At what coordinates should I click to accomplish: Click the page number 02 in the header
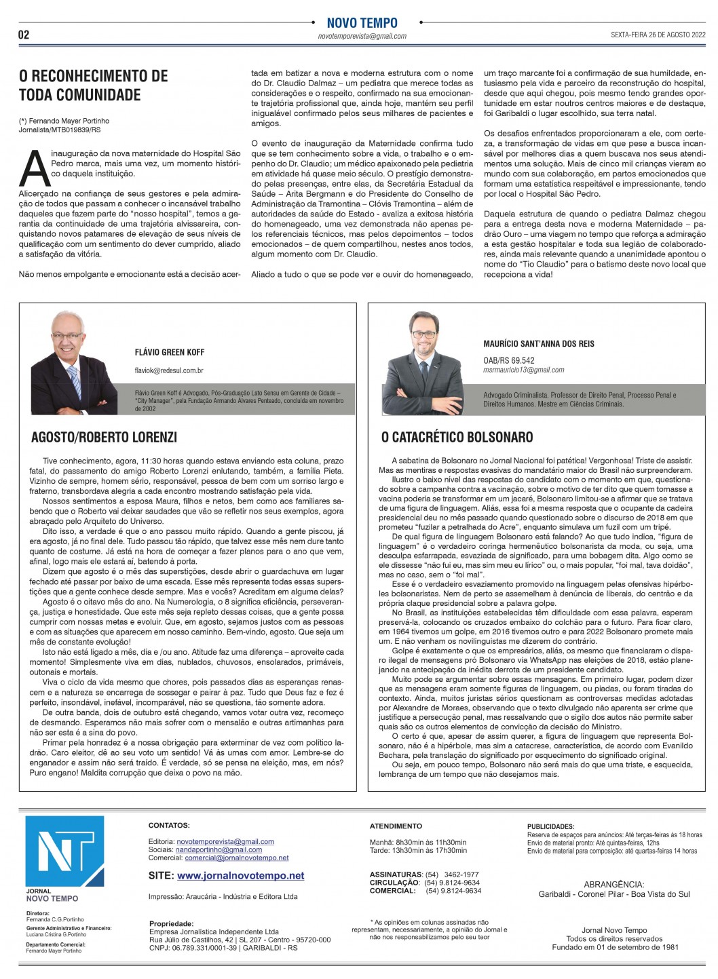click(x=24, y=35)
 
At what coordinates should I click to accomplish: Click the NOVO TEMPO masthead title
click(x=362, y=23)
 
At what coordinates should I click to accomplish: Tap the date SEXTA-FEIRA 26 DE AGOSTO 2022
click(x=658, y=35)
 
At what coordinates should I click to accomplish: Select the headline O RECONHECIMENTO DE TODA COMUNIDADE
click(x=93, y=85)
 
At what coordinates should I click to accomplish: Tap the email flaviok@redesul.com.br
click(x=169, y=370)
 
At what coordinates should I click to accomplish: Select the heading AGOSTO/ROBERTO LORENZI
click(x=104, y=437)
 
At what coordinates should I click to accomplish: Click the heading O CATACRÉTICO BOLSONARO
click(x=457, y=437)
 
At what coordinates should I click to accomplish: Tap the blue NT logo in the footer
click(x=64, y=851)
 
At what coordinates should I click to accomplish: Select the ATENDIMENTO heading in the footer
click(x=396, y=826)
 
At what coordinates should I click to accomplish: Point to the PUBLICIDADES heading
click(x=550, y=826)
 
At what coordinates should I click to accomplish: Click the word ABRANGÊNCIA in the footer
click(x=613, y=884)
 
